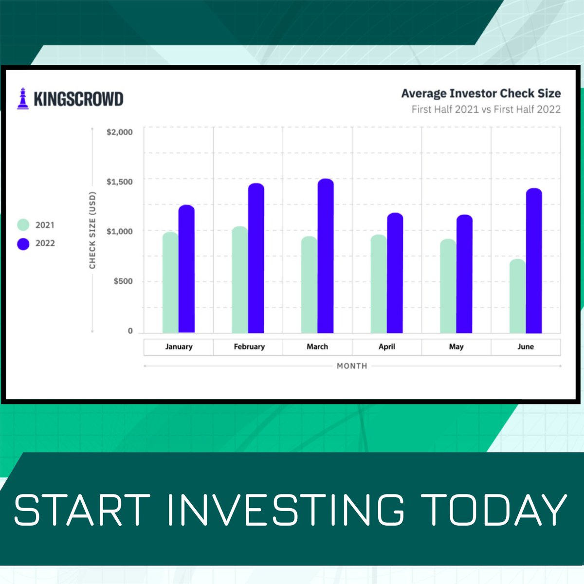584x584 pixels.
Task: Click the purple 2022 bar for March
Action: point(326,256)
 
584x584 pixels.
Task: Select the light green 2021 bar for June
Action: point(518,296)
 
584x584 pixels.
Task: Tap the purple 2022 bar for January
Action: point(186,269)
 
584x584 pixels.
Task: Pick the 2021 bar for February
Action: point(240,279)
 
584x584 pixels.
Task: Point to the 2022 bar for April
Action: point(395,273)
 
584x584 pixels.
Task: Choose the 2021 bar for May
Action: point(448,286)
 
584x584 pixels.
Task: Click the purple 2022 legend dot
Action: point(23,244)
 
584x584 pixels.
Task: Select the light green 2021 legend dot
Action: point(23,225)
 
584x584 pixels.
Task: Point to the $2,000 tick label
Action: point(119,132)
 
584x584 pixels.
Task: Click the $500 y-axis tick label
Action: point(123,281)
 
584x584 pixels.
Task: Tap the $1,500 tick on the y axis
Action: point(119,182)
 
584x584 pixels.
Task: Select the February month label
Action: point(249,347)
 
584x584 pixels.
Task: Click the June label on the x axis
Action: point(526,347)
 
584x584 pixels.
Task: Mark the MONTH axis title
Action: point(352,366)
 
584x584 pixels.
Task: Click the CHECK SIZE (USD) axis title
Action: point(92,230)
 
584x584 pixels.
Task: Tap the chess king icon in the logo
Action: point(23,98)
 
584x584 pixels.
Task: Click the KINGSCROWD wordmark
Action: point(78,99)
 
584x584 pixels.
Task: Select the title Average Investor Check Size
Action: point(481,93)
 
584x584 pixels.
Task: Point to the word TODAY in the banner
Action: point(493,510)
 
